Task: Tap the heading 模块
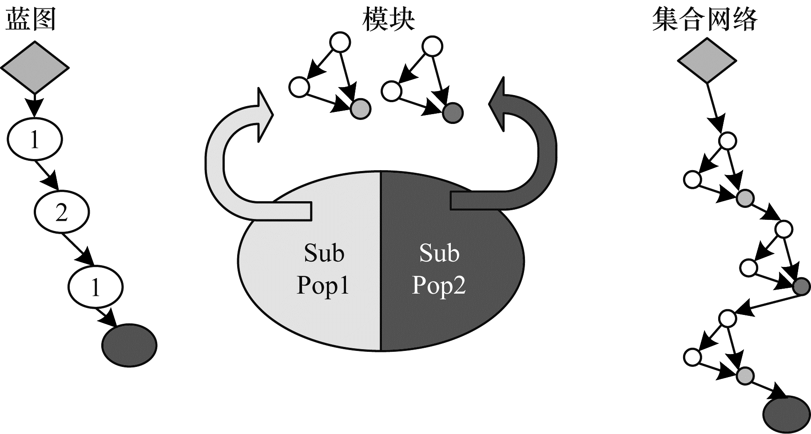pos(388,20)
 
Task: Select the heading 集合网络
pos(705,20)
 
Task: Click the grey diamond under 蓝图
pos(35,68)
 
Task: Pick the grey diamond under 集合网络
pos(706,61)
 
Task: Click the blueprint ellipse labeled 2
pos(61,213)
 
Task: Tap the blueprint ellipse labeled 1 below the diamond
pos(34,140)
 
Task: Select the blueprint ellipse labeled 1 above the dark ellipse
pos(95,287)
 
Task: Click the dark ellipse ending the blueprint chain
pos(129,345)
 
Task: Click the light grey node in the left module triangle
pos(360,108)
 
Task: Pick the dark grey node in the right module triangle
pos(453,113)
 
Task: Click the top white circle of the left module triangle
pos(340,43)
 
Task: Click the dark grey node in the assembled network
pos(802,286)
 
